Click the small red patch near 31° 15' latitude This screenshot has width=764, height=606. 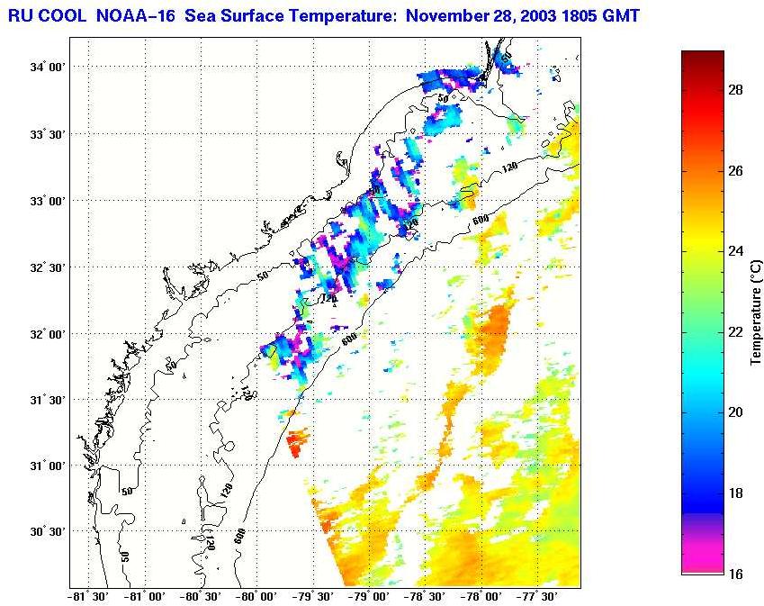[297, 442]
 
